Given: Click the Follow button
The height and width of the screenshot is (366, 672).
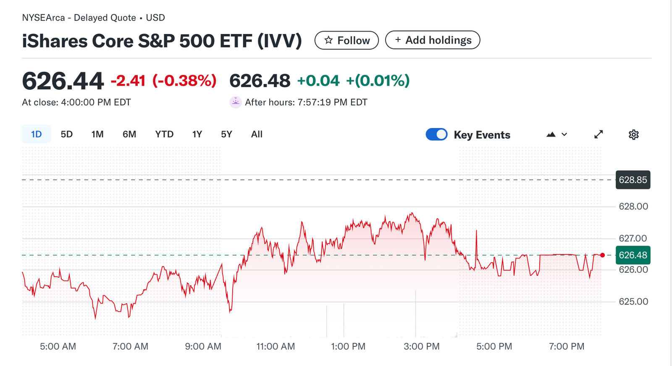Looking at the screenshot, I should pos(346,40).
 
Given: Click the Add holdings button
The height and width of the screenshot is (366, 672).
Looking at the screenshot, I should pos(433,40).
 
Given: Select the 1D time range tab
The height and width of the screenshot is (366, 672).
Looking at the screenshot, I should pos(37,134).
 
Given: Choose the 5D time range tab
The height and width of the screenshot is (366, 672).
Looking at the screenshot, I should pos(66,134).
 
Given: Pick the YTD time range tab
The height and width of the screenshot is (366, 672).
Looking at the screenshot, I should pos(164,134).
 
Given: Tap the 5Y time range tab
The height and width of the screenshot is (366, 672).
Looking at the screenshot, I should pos(226,134).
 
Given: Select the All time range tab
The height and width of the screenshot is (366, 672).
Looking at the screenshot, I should pos(257,134).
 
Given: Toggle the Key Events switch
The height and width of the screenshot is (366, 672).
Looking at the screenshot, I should pos(436,134).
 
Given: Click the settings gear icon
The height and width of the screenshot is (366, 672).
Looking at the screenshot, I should pos(633,135).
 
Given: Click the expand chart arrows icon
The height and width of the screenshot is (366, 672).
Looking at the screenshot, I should pos(598,134).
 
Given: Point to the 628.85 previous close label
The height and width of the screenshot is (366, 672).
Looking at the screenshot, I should pos(633,180).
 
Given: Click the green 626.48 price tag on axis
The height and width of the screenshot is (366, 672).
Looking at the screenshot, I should pos(633,255).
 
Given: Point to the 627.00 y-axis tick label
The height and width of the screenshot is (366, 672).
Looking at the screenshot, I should pos(633,238).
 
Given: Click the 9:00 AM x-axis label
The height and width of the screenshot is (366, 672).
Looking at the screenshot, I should pos(203,347).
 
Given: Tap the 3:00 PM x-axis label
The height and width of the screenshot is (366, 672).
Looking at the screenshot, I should pos(421,347).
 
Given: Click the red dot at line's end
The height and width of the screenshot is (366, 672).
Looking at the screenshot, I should pos(603,255).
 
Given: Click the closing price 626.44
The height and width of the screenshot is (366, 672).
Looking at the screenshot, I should pos(63,81).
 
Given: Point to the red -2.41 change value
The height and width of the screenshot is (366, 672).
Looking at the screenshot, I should pos(128,81).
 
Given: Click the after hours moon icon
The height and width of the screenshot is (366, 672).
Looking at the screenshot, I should pos(236,102).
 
